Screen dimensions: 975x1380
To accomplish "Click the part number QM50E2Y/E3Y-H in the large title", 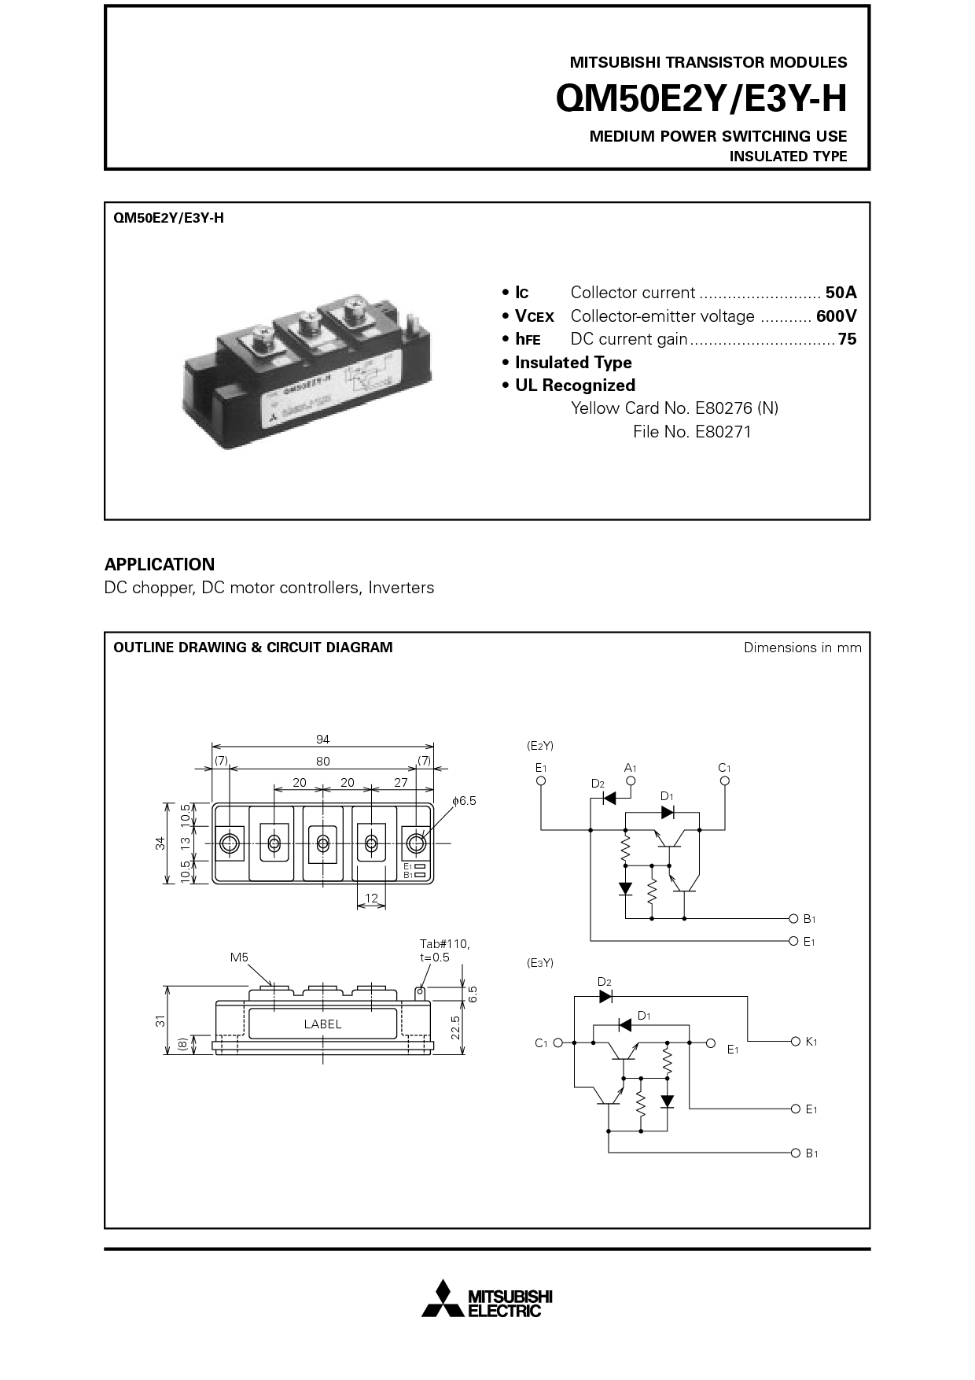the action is (x=701, y=99).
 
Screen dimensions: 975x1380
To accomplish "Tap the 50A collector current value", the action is (x=841, y=293).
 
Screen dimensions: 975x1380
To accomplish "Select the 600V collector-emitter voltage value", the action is (x=837, y=316).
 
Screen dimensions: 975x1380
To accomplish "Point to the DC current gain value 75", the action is (x=847, y=339).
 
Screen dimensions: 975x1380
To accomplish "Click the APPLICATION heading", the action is (x=160, y=564).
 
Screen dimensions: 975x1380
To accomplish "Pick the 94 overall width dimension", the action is (x=322, y=739).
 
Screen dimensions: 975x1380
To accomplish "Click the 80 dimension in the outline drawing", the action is (x=322, y=761).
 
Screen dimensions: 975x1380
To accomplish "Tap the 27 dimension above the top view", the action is (x=400, y=783).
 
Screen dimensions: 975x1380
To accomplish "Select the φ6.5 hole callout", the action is (x=464, y=801).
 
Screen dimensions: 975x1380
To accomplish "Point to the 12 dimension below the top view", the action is (x=371, y=898).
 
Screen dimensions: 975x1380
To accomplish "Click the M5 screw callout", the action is (x=239, y=958).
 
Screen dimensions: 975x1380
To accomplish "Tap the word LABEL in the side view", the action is (x=322, y=1024).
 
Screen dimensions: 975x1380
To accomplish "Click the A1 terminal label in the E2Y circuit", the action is (x=630, y=768).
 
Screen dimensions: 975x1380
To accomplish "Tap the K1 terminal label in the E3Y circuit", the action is (x=812, y=1041).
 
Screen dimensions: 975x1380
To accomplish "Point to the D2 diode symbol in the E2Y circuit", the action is (x=608, y=798).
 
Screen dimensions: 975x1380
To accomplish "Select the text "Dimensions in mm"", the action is (x=803, y=648).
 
